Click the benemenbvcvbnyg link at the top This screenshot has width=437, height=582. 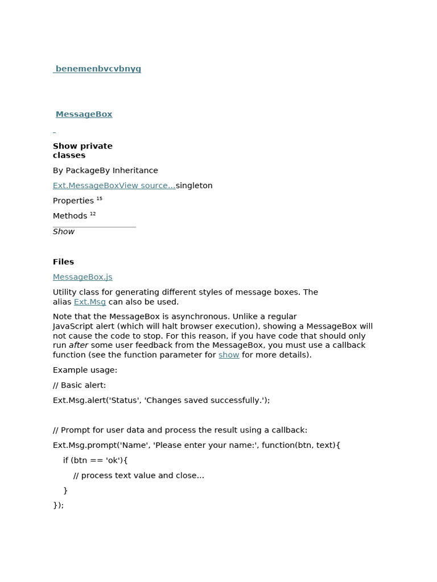[98, 69]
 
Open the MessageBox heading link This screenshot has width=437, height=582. [84, 114]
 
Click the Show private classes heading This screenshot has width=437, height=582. [83, 151]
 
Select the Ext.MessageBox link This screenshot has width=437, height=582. [85, 186]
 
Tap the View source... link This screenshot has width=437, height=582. [147, 186]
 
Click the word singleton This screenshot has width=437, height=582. [194, 186]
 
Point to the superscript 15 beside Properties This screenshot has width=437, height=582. [100, 198]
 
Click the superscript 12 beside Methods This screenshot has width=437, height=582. [93, 214]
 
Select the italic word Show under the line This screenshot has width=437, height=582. [64, 232]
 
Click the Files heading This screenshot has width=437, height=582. [63, 262]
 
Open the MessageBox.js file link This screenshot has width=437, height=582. [83, 277]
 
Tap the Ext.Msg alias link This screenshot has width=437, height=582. [90, 302]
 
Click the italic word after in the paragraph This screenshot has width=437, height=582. [79, 345]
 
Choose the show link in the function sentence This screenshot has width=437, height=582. [229, 355]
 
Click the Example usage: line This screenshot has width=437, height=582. [85, 370]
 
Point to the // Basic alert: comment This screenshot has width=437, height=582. [79, 385]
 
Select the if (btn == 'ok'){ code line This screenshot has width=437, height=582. [96, 460]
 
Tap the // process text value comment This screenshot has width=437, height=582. [138, 476]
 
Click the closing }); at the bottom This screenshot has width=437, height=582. [58, 505]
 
